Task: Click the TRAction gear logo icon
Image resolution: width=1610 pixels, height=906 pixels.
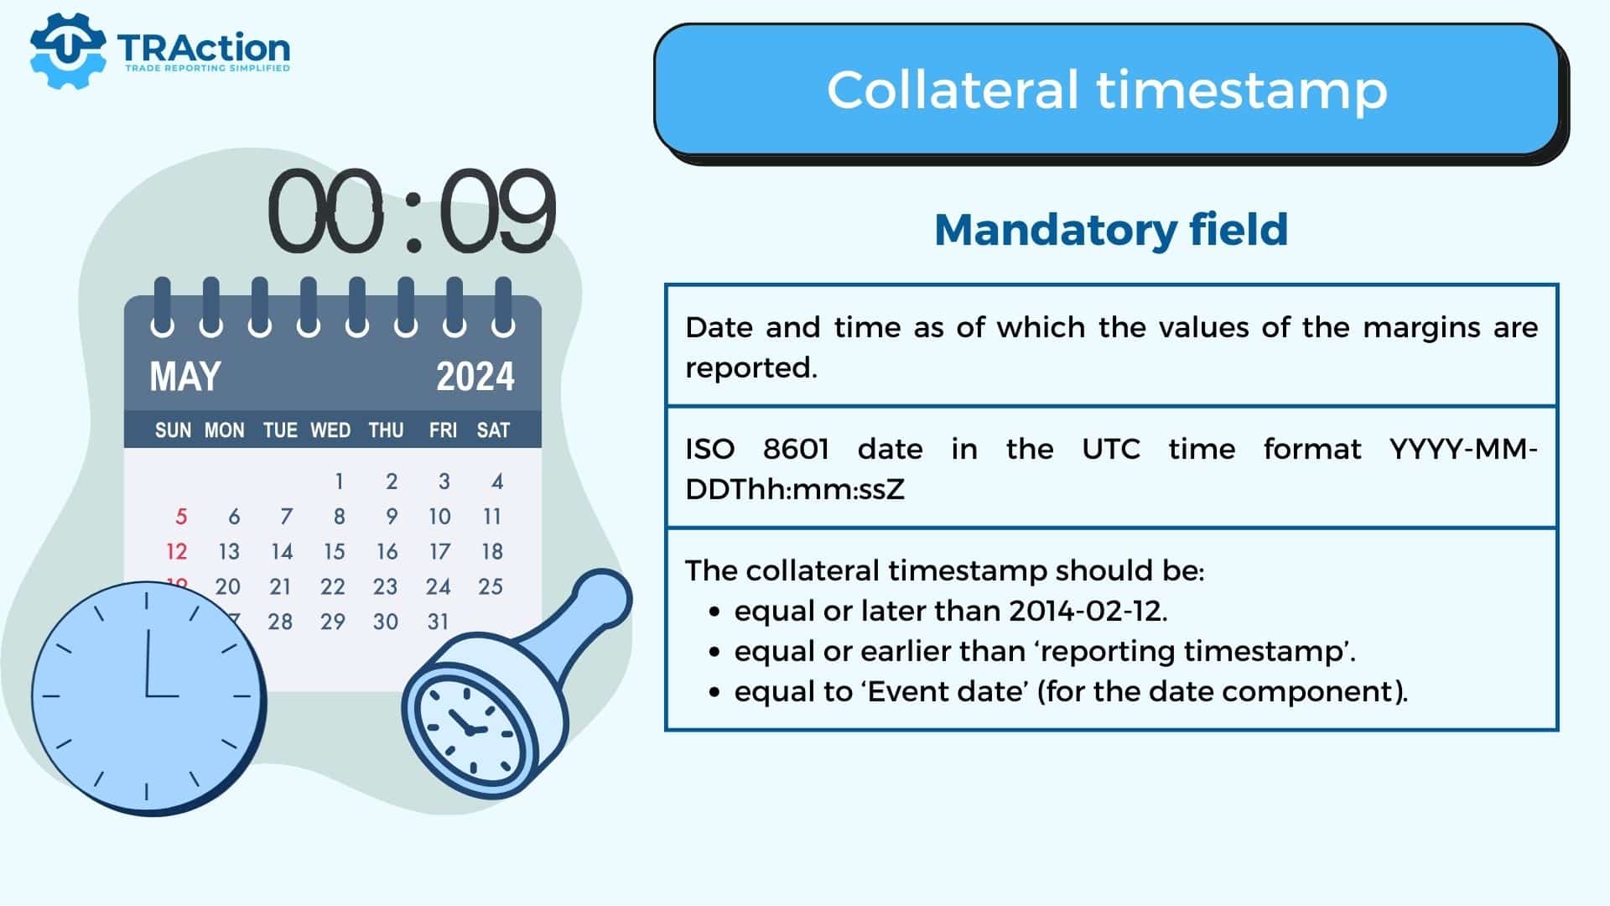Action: [68, 49]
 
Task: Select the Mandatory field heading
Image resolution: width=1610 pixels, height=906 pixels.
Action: [1111, 230]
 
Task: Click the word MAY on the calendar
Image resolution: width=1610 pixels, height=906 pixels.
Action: [185, 377]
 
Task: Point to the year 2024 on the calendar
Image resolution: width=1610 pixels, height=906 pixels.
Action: [475, 377]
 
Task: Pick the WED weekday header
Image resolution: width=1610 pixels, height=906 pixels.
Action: [330, 430]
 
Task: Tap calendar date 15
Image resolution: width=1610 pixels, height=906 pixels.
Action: [334, 551]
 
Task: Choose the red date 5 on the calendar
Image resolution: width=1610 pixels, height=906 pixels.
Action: [181, 516]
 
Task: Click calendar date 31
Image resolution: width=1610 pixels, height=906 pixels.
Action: [438, 622]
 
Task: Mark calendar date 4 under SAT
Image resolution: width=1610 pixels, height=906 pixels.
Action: [497, 481]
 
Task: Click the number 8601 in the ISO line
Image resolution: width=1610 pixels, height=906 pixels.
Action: [796, 449]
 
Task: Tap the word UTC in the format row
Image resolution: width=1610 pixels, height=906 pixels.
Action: [1111, 449]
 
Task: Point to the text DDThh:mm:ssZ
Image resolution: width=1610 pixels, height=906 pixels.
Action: [795, 489]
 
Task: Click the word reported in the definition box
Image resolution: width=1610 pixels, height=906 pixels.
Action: [750, 368]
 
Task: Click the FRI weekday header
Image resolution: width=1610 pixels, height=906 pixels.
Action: [443, 430]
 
